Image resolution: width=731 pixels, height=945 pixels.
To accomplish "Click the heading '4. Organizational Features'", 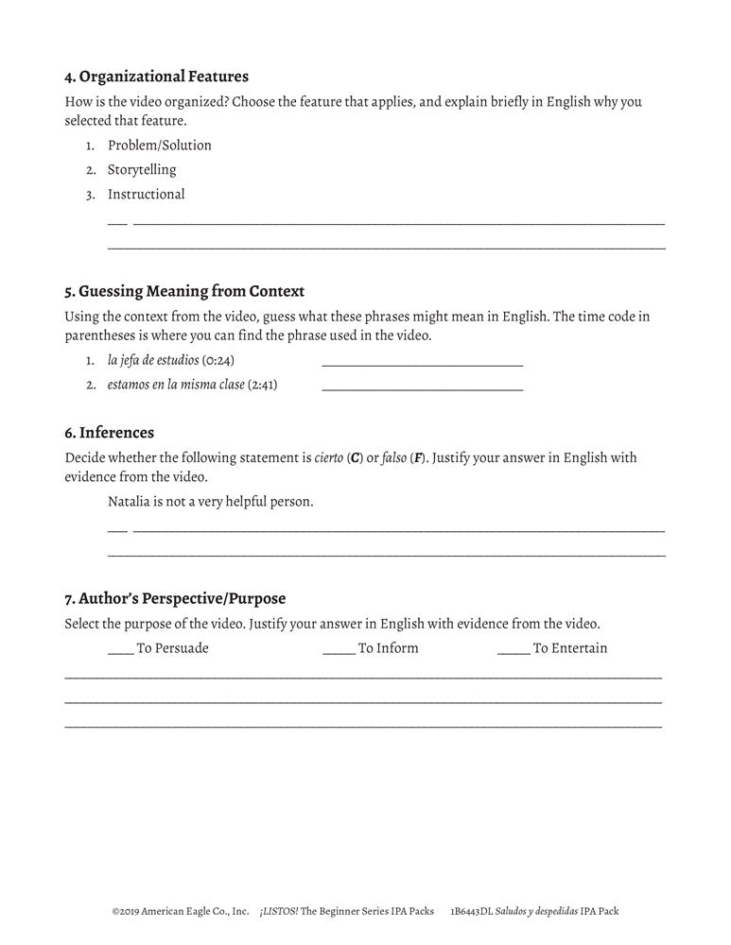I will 156,77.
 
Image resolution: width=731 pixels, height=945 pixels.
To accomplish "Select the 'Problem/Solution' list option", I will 159,146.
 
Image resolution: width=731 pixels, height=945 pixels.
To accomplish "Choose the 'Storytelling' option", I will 142,170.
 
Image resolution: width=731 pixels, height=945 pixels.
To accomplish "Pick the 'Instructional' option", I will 146,195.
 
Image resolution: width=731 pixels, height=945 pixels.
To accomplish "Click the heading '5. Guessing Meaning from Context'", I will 184,291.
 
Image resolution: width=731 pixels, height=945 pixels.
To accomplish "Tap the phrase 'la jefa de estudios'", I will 152,361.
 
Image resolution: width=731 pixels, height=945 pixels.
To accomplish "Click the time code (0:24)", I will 218,361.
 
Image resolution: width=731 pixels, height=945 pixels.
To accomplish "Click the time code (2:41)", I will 262,386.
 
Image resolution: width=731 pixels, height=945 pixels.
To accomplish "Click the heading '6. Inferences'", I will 109,433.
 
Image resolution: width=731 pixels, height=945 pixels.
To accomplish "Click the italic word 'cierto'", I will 330,458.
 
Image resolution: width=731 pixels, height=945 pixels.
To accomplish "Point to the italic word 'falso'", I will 394,458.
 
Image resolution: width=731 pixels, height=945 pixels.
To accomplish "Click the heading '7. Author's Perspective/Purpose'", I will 175,598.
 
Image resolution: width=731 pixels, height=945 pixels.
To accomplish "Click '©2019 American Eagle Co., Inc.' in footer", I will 180,912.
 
